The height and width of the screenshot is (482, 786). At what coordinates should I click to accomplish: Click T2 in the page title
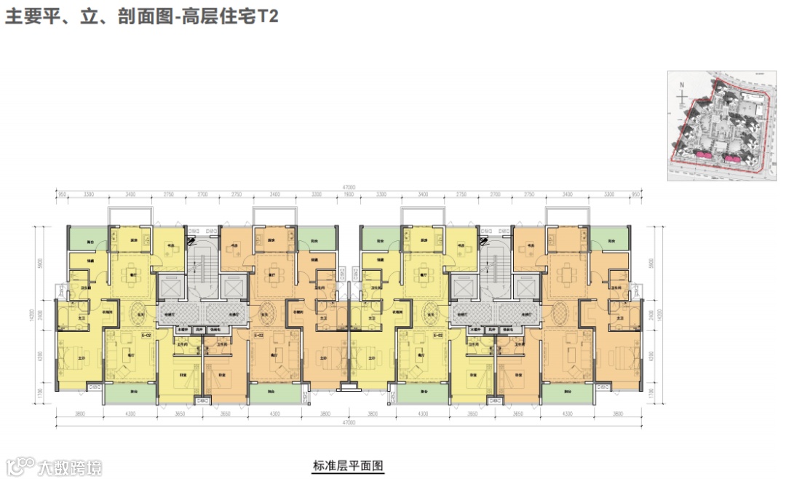269,17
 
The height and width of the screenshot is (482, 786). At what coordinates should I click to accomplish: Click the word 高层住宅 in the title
225,17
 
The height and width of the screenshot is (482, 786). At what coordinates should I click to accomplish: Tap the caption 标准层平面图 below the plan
348,466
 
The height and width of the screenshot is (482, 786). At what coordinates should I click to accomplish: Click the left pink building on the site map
704,154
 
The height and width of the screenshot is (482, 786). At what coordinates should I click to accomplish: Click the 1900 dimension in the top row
348,195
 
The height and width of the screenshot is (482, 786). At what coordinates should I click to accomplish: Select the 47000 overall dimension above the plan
348,187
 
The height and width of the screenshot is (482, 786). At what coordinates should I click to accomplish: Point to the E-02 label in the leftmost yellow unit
146,336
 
